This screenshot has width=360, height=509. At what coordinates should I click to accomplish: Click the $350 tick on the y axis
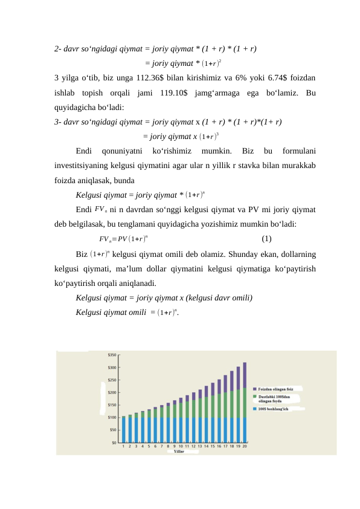click(x=112, y=355)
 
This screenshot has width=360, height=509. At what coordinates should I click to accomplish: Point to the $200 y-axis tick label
click(x=112, y=392)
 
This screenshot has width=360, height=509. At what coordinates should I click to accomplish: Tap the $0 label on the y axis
click(x=114, y=443)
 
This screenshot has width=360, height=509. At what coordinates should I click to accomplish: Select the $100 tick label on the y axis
click(x=112, y=417)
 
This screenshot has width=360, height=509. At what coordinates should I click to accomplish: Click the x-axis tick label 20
click(x=245, y=447)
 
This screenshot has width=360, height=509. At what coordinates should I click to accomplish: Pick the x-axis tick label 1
click(x=124, y=447)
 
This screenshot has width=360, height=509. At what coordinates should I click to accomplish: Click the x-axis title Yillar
click(x=179, y=452)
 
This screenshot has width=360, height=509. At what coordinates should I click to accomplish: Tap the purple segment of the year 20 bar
click(x=245, y=375)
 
